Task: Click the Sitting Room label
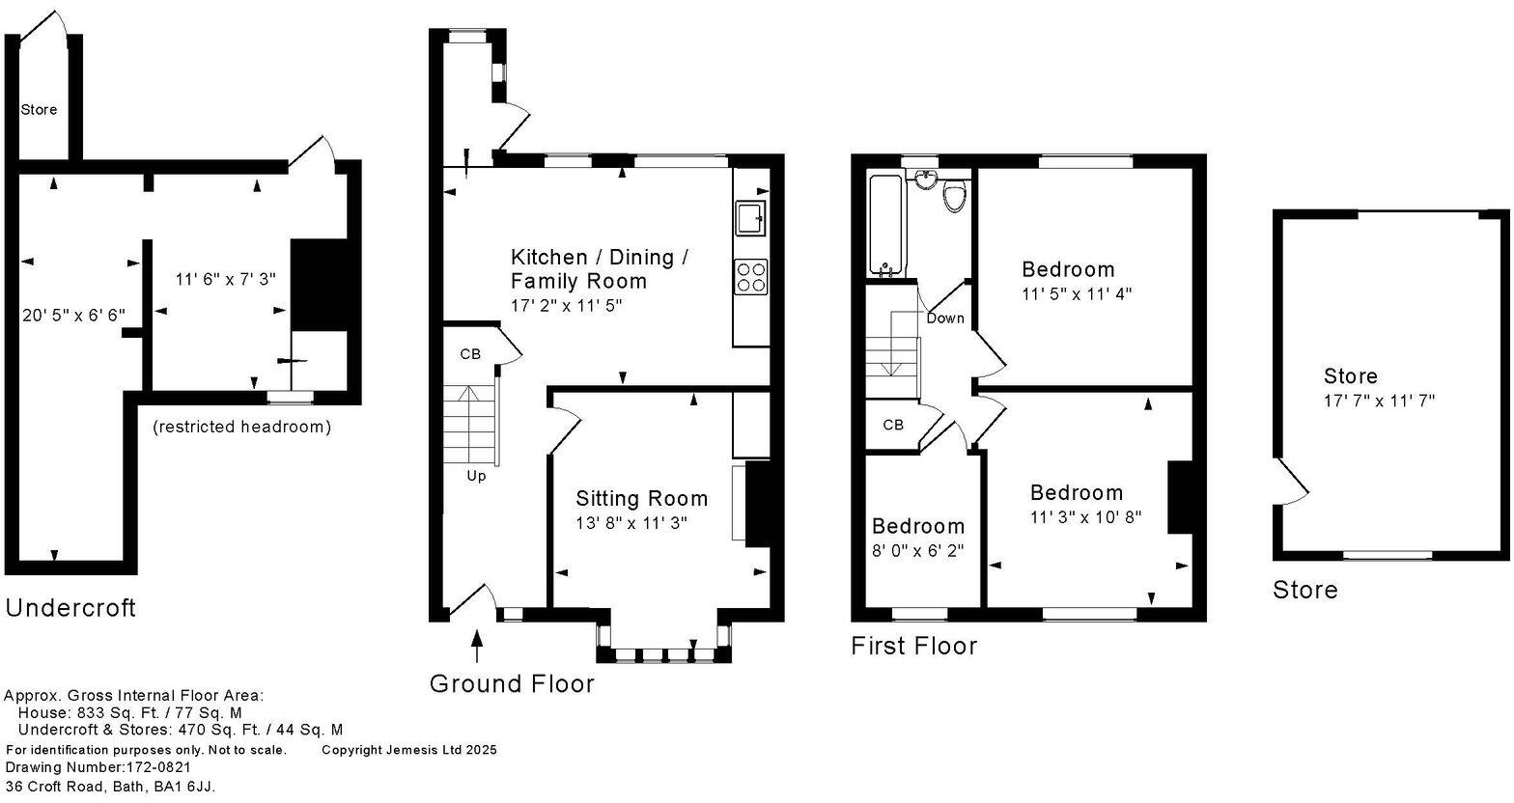coord(641,498)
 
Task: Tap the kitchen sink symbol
coord(750,218)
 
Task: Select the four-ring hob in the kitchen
coord(751,277)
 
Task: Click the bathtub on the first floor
coord(884,225)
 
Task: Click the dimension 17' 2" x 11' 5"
coord(567,305)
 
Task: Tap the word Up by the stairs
coord(476,476)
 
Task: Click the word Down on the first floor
coord(944,318)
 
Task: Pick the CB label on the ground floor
coord(469,354)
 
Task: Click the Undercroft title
coord(70,608)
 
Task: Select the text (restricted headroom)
coord(241,427)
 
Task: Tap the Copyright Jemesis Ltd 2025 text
coord(408,750)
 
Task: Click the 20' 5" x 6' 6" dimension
coord(73,314)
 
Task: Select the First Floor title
coord(913,646)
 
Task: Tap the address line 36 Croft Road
coord(110,787)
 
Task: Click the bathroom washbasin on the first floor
coord(926,178)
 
